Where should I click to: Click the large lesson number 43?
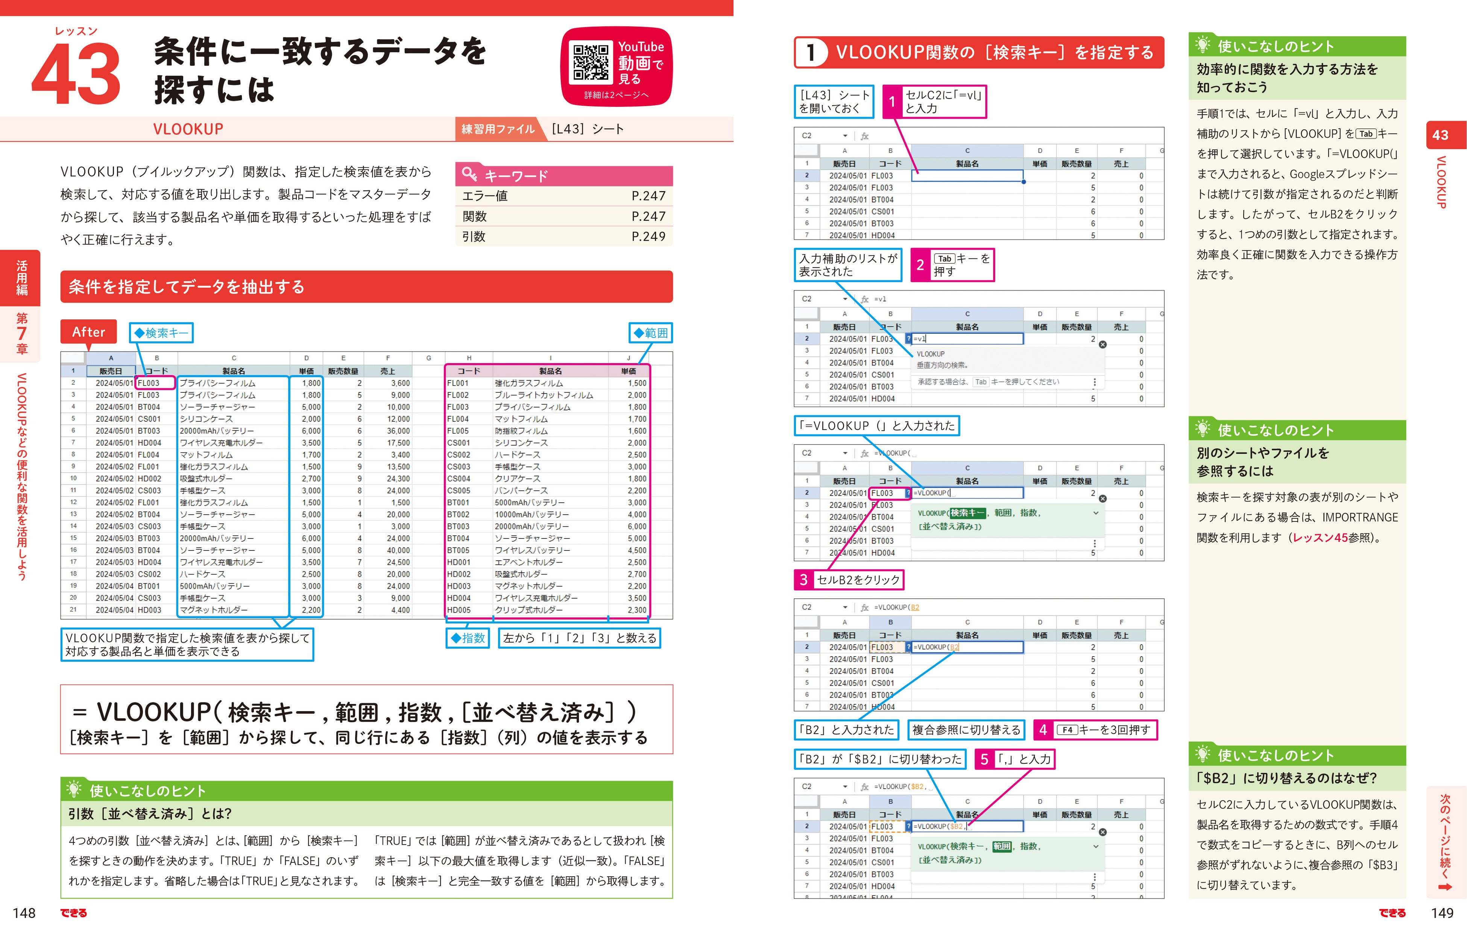pos(76,74)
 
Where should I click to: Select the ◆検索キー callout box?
pos(161,333)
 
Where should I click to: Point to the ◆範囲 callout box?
pos(651,333)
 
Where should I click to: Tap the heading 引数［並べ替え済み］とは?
pos(150,814)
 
